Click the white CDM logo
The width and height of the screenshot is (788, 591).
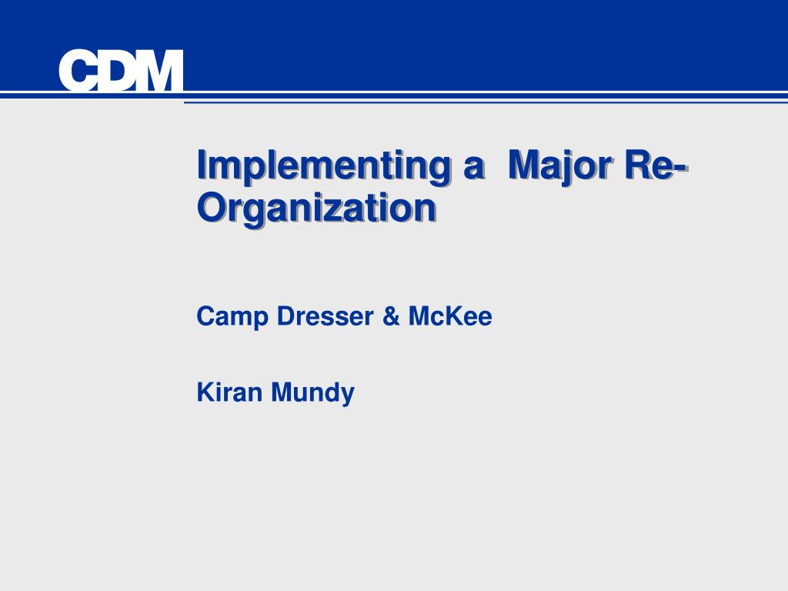pyautogui.click(x=121, y=70)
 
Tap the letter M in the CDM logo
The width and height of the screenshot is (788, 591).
pyautogui.click(x=160, y=70)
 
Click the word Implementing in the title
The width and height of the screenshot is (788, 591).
pyautogui.click(x=323, y=166)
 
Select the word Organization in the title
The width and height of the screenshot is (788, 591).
pyautogui.click(x=316, y=208)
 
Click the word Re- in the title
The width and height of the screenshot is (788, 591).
pyautogui.click(x=656, y=165)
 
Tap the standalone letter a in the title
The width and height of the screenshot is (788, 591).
pyautogui.click(x=473, y=169)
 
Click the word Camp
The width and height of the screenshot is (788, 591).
pyautogui.click(x=232, y=317)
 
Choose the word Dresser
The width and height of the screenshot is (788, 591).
pyautogui.click(x=326, y=316)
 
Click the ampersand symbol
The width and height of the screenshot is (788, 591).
pyautogui.click(x=391, y=316)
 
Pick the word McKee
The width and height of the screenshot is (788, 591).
pyautogui.click(x=450, y=316)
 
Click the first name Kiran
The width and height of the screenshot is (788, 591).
pyautogui.click(x=229, y=392)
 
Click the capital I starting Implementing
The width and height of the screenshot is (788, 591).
pyautogui.click(x=201, y=165)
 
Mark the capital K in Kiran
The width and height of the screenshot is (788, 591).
pyautogui.click(x=206, y=392)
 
